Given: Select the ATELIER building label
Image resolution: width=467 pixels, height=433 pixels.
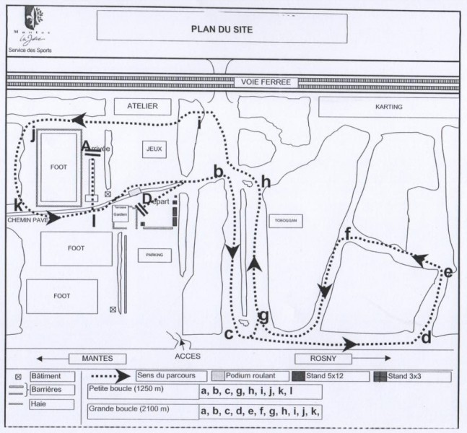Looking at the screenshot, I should (x=142, y=106).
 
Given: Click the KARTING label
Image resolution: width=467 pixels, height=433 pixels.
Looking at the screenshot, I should (x=388, y=107).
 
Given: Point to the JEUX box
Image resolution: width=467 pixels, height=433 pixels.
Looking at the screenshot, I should (x=154, y=149).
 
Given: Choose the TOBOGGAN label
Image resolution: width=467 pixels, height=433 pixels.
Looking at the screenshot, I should (x=283, y=220).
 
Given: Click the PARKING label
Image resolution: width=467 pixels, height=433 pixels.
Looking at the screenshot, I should (x=154, y=255).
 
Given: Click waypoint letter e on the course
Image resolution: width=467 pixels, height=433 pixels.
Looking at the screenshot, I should (x=447, y=272).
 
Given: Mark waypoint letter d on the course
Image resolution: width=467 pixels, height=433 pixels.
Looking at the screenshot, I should (x=425, y=337).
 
